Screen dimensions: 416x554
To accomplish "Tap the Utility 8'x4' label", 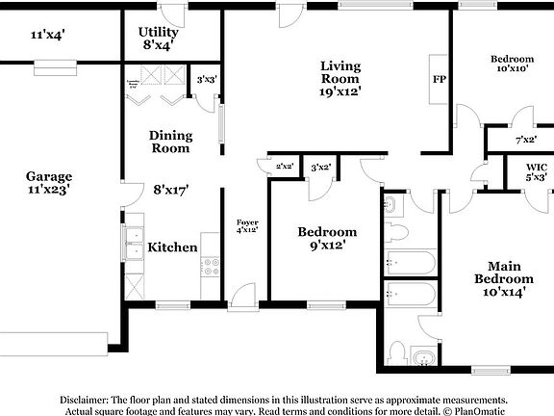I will click(160, 39).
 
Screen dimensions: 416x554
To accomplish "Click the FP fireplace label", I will click(439, 80).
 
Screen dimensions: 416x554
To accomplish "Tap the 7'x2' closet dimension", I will click(525, 140).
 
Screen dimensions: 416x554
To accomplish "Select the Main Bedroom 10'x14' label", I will click(504, 279).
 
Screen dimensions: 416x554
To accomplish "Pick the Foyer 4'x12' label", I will click(248, 225).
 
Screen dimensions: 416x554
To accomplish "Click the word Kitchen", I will click(172, 247).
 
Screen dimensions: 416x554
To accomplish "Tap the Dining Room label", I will click(170, 142).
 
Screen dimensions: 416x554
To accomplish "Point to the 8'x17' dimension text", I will click(170, 191).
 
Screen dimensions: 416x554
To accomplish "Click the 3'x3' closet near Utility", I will click(206, 80).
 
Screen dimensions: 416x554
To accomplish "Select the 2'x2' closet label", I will click(284, 167).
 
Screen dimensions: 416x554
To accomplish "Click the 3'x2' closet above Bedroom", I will click(320, 167).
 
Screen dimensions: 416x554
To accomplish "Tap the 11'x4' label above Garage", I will click(47, 35).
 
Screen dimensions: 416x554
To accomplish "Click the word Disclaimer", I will click(87, 399).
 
